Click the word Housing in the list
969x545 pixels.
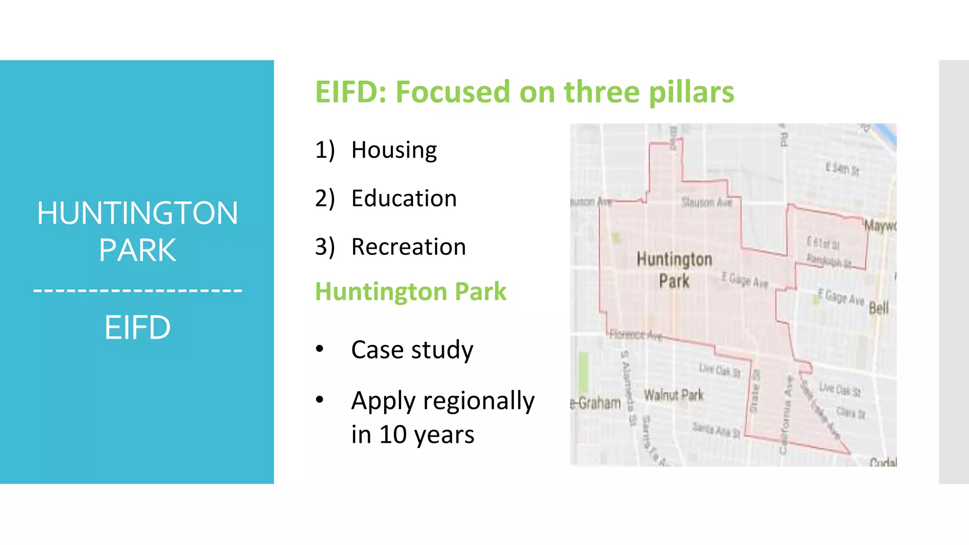pyautogui.click(x=394, y=150)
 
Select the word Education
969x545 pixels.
pyautogui.click(x=404, y=199)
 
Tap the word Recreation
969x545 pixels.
pyautogui.click(x=408, y=247)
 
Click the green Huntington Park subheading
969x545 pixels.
pyautogui.click(x=410, y=291)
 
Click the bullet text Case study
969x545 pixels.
pyautogui.click(x=412, y=350)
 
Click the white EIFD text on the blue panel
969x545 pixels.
pyautogui.click(x=137, y=327)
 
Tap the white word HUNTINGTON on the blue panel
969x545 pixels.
pyautogui.click(x=137, y=213)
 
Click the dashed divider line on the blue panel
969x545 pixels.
pyautogui.click(x=137, y=290)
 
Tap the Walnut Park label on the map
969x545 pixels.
pyautogui.click(x=673, y=395)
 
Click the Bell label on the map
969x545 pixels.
pyautogui.click(x=879, y=308)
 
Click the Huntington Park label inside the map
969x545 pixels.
pyautogui.click(x=674, y=270)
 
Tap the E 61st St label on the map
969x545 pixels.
pyautogui.click(x=823, y=244)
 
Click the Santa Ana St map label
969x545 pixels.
pyautogui.click(x=716, y=430)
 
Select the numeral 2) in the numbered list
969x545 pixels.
pyautogui.click(x=325, y=199)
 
